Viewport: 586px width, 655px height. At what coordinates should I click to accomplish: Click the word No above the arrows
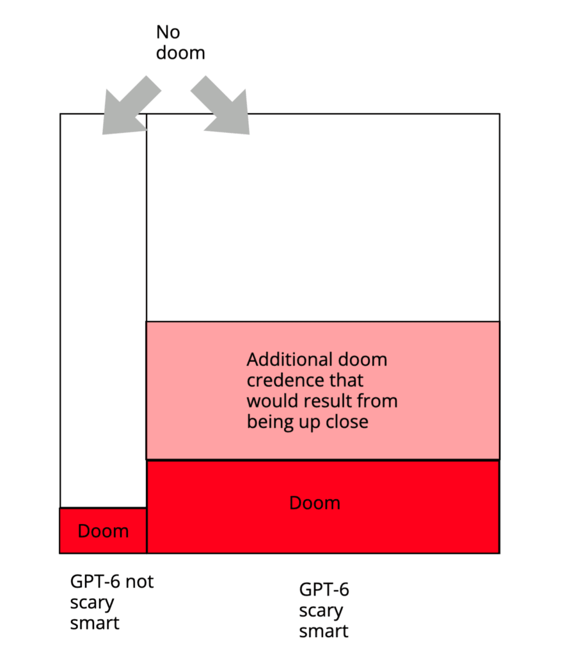click(168, 32)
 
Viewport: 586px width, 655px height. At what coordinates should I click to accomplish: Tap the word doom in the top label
click(181, 52)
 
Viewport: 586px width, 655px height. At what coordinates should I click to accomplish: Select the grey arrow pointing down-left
click(129, 105)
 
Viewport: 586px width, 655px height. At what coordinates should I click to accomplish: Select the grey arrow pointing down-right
click(223, 105)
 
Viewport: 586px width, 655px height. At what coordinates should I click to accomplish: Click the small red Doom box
click(103, 531)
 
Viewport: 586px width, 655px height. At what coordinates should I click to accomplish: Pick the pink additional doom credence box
click(323, 390)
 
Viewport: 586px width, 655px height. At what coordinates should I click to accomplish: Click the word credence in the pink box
click(285, 381)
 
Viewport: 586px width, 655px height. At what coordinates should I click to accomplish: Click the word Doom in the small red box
click(103, 531)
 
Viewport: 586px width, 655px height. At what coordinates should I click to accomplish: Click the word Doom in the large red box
click(315, 503)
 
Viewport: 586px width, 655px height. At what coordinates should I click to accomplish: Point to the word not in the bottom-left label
click(140, 582)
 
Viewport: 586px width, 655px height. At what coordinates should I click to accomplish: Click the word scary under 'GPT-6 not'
click(92, 603)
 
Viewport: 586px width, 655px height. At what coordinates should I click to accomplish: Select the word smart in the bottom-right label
click(324, 631)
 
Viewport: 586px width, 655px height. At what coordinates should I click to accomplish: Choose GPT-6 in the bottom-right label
click(324, 590)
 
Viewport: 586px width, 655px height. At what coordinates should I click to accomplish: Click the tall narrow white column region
click(103, 307)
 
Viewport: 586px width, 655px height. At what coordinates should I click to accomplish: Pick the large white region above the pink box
click(323, 217)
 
